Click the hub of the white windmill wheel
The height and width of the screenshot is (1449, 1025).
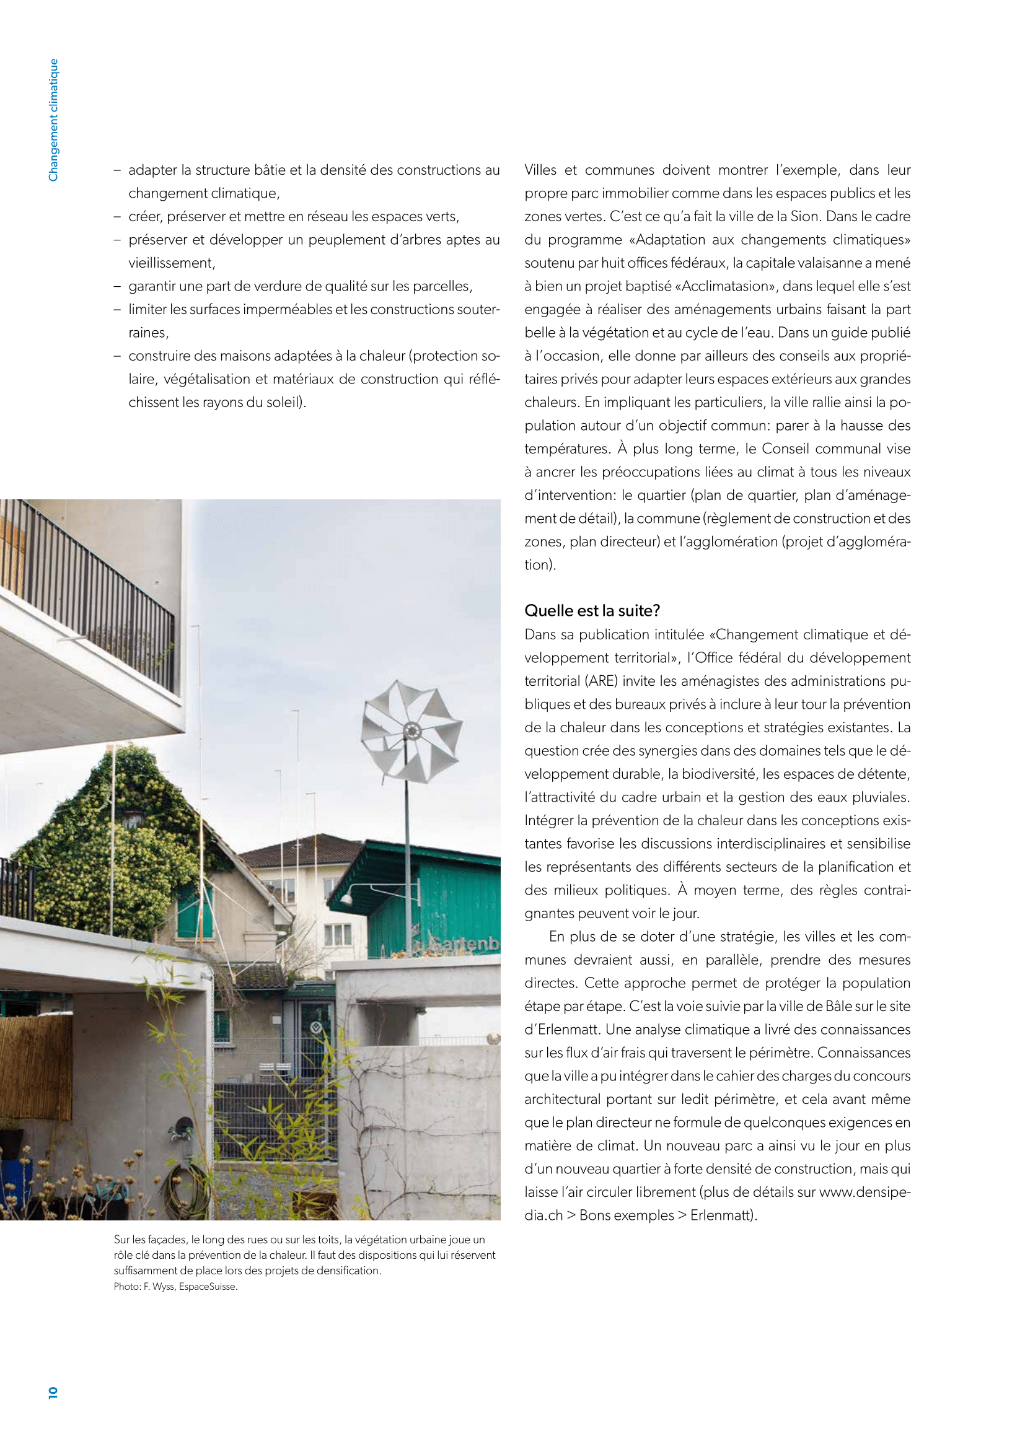pyautogui.click(x=411, y=732)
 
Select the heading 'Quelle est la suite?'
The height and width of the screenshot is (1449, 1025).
pyautogui.click(x=592, y=611)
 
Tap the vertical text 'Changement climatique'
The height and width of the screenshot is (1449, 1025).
pyautogui.click(x=54, y=120)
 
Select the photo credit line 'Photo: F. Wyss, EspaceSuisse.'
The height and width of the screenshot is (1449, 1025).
pyautogui.click(x=175, y=1286)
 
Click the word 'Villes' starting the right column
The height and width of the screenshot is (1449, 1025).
pyautogui.click(x=540, y=170)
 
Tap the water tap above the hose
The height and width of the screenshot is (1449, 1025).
pyautogui.click(x=184, y=1126)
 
